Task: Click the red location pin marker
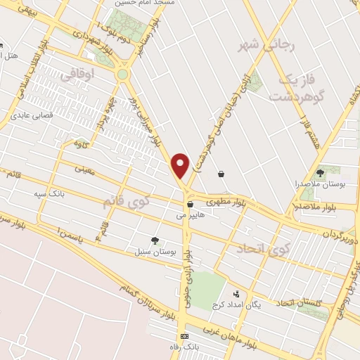[x=181, y=165]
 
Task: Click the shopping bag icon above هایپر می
[x=190, y=205]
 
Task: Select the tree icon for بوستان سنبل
[x=155, y=240]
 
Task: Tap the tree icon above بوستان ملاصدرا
[x=321, y=171]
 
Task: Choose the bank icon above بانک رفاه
[x=184, y=336]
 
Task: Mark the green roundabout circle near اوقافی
[x=123, y=74]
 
